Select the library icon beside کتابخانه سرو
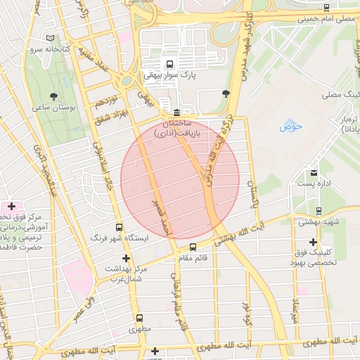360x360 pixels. point(49,38)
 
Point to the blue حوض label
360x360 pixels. point(290,127)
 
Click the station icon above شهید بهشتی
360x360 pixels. point(319,210)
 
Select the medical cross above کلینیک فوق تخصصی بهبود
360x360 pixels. point(313,242)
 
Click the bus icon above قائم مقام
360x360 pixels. point(193,247)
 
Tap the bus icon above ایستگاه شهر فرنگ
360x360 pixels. point(118,228)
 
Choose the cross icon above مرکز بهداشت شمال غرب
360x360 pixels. point(126,258)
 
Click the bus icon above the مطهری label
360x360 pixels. point(139,318)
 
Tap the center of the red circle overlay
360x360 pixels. point(180,179)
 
